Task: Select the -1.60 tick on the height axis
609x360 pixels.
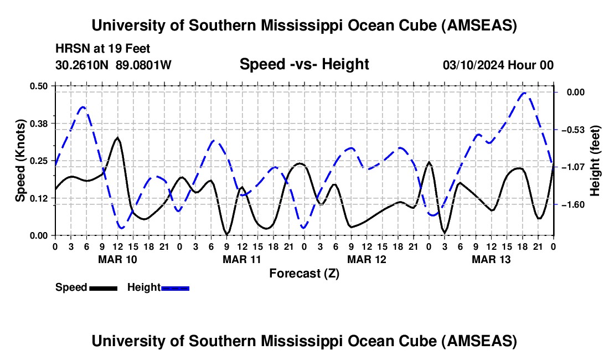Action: (572, 205)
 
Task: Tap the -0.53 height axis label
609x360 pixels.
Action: (572, 130)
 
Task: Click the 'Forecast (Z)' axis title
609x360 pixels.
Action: (304, 273)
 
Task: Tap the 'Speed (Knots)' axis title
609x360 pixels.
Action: (20, 161)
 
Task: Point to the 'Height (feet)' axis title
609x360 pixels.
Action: (595, 161)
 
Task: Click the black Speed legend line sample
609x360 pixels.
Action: (103, 287)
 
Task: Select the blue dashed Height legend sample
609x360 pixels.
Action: (175, 287)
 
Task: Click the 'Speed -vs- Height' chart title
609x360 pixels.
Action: (304, 65)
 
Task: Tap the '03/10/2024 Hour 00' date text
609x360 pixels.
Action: (498, 65)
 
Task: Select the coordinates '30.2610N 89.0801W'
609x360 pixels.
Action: (113, 65)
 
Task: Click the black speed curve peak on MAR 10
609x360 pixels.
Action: (117, 138)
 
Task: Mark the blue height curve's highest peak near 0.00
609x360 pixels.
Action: (525, 93)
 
